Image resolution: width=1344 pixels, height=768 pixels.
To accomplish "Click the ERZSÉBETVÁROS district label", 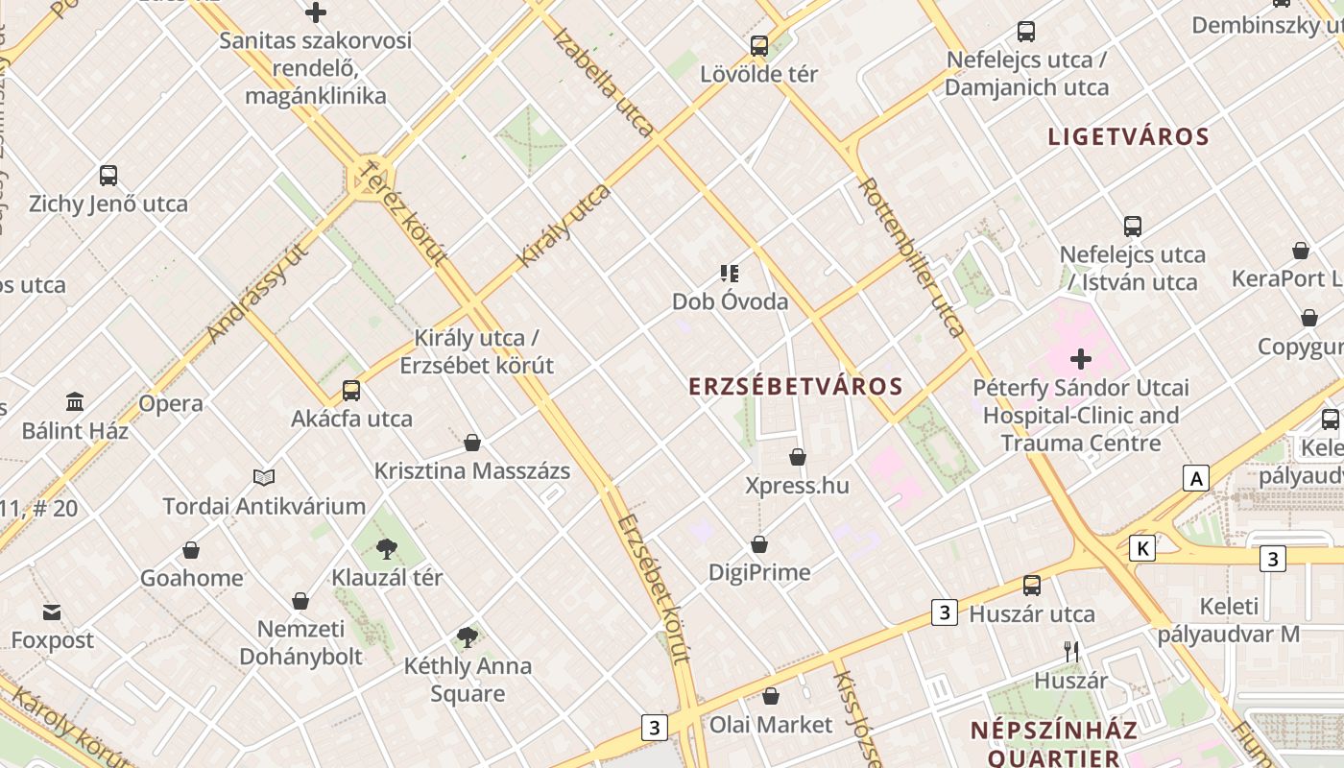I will click(x=796, y=387).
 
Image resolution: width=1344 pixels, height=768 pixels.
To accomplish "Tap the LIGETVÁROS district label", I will click(x=1128, y=136).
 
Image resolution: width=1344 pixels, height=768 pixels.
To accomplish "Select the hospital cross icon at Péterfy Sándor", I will click(x=1081, y=359).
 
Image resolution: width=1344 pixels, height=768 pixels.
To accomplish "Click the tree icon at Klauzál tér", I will click(x=387, y=549).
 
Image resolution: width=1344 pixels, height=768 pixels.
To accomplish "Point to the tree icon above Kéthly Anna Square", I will click(x=468, y=636).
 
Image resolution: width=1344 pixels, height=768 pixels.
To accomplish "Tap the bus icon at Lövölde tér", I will click(x=759, y=45).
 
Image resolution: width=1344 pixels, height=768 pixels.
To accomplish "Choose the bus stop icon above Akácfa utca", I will click(x=351, y=391).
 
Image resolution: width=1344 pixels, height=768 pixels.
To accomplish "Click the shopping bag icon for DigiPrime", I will click(x=759, y=544).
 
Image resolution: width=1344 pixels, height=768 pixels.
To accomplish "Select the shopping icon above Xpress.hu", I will click(x=798, y=457).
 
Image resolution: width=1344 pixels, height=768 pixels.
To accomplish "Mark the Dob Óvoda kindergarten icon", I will click(x=730, y=274).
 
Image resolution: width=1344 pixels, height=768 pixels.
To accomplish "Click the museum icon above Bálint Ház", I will click(x=75, y=401).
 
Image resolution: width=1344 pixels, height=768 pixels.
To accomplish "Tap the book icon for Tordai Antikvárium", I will click(x=264, y=477).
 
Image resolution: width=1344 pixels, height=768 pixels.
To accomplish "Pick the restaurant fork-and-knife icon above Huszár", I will click(x=1071, y=652).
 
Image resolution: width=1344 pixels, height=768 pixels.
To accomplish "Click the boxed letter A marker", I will click(x=1195, y=478).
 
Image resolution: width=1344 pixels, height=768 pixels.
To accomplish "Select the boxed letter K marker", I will click(x=1141, y=548).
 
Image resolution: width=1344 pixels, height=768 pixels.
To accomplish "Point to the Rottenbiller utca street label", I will click(x=911, y=257).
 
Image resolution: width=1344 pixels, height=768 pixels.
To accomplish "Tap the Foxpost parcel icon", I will click(x=52, y=612).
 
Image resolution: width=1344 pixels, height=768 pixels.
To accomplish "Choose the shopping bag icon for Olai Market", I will click(x=771, y=696).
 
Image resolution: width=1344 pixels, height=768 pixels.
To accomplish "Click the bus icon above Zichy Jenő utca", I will click(x=108, y=176).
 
